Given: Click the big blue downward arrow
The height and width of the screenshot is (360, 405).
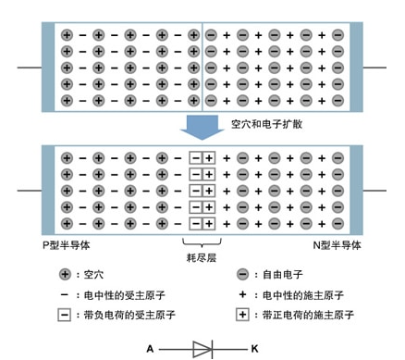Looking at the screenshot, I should tap(202, 127).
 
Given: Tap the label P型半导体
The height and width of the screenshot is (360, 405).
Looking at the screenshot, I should tap(68, 245).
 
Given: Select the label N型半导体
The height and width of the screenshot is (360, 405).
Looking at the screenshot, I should tap(337, 245).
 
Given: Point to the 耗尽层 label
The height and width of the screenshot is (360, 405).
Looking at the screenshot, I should tap(202, 260).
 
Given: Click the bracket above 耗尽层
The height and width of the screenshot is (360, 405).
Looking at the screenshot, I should tap(202, 242).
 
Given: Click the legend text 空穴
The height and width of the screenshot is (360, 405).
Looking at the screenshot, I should tap(93, 275).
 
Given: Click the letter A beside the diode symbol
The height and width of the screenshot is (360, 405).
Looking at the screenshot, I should tap(150, 348).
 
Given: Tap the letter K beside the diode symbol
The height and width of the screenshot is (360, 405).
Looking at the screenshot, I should tap(255, 348).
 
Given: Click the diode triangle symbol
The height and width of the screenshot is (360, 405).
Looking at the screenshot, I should tap(202, 348).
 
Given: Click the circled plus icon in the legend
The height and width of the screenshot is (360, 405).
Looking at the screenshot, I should tap(65, 275).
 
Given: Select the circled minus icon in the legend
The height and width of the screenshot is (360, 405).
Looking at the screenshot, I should tap(242, 275).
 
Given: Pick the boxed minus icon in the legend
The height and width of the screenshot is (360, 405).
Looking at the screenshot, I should tap(65, 316).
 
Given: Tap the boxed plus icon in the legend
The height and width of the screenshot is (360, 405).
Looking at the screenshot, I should tap(242, 316).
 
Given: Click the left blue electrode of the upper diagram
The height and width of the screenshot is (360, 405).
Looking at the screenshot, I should tap(49, 68).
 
